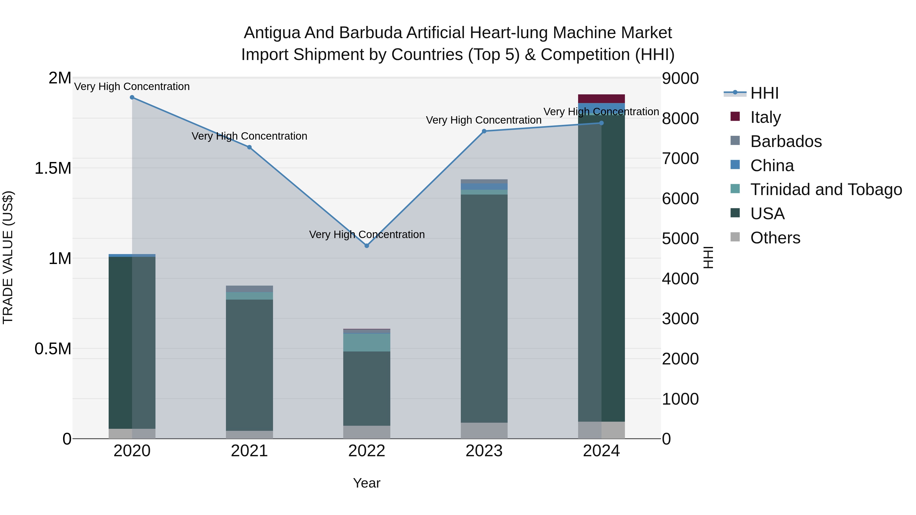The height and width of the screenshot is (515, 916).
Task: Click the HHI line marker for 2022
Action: (367, 246)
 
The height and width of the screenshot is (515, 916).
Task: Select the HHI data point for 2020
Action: (132, 97)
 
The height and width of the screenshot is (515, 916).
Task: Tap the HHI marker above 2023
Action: (484, 131)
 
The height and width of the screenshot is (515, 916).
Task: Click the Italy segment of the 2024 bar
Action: (601, 99)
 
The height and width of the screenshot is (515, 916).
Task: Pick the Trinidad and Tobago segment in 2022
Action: (367, 342)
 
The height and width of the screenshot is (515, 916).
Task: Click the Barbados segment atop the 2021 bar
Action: (249, 289)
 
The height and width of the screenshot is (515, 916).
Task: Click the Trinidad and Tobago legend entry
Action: (826, 189)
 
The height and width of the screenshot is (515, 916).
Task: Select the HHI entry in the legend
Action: (764, 93)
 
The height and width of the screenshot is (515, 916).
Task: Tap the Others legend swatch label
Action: (775, 238)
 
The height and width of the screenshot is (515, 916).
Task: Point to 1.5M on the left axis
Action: (53, 168)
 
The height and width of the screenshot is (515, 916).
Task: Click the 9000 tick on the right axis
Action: (680, 79)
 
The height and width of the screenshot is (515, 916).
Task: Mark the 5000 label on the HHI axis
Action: (680, 239)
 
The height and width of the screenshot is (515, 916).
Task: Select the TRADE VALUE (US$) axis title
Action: (8, 257)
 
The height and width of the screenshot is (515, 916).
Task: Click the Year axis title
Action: (367, 483)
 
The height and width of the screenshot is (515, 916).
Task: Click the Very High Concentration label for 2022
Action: (367, 234)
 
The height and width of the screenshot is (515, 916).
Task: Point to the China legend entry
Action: (772, 166)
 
